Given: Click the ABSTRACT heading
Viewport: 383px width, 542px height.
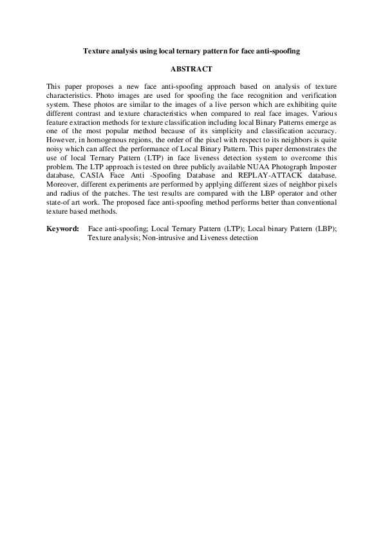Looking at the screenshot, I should pos(191,68).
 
